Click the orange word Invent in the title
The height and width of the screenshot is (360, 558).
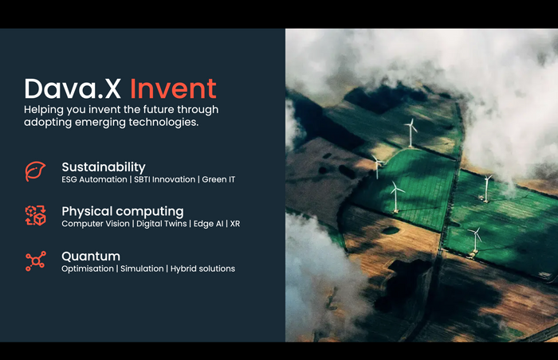click(173, 88)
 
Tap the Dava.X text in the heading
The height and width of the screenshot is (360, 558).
click(73, 88)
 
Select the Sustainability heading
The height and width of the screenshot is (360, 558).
click(104, 167)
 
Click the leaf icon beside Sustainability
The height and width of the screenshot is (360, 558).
click(35, 171)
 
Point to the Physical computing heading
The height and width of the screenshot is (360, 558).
click(123, 212)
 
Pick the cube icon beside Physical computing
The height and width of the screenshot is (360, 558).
click(36, 216)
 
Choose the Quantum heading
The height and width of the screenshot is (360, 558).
click(91, 256)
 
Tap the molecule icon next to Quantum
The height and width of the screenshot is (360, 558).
click(36, 261)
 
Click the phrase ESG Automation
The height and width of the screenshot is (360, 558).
click(94, 179)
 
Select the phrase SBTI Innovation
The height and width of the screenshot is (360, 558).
click(165, 179)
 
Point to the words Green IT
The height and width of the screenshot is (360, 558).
click(218, 179)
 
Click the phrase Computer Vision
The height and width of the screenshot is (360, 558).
click(96, 224)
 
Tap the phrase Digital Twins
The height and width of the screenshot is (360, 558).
click(162, 224)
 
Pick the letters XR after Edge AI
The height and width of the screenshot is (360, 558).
click(235, 224)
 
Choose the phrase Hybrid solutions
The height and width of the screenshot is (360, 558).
click(202, 268)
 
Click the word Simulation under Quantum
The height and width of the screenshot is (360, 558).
click(142, 268)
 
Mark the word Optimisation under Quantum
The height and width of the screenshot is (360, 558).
click(88, 268)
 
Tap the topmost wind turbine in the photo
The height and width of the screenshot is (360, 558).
click(411, 132)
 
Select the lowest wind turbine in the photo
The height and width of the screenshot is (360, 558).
click(475, 241)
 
